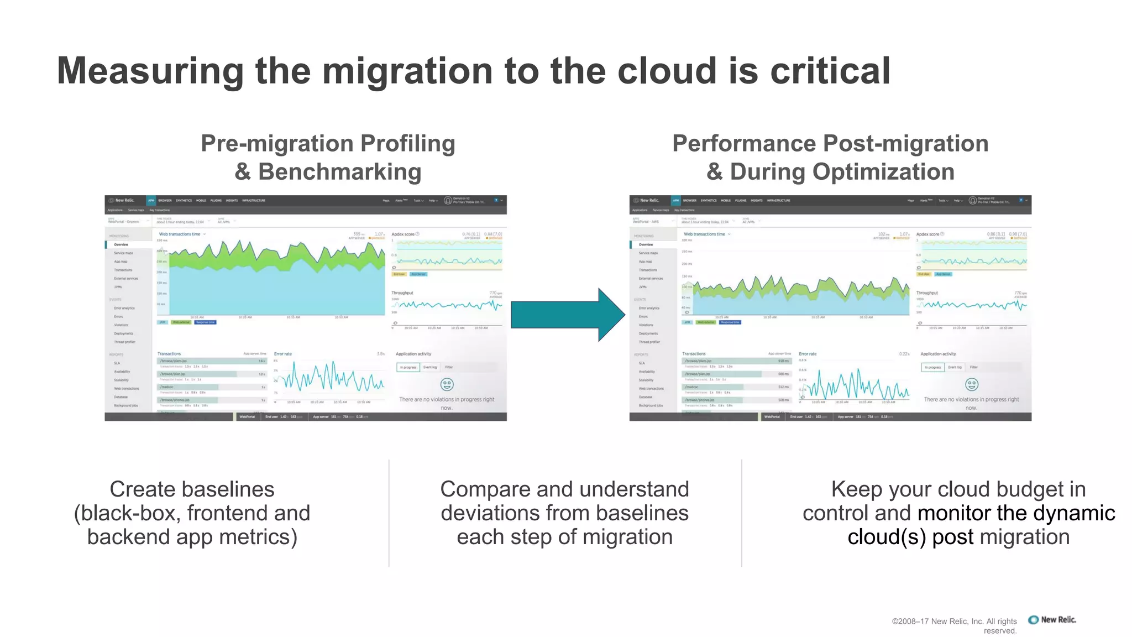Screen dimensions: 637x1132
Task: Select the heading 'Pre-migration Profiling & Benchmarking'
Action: pos(328,158)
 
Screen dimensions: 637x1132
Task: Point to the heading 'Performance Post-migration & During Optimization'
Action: pos(830,158)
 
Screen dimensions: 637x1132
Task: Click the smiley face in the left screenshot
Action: pos(447,384)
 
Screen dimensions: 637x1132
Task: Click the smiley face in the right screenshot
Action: pos(971,384)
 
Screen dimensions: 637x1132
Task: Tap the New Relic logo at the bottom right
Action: pos(1052,620)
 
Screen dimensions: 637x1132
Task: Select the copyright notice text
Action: pos(955,626)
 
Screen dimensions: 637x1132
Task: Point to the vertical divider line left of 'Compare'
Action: pos(389,513)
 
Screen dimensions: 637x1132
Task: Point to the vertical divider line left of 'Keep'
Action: pos(741,513)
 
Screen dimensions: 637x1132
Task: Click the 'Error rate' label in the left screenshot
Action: pos(283,354)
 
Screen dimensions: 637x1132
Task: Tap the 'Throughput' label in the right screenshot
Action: pos(927,293)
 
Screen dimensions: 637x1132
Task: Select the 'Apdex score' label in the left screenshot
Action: pos(403,234)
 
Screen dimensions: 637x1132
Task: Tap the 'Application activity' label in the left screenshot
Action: pos(413,354)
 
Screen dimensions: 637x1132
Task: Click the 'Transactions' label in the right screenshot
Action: pos(694,354)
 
